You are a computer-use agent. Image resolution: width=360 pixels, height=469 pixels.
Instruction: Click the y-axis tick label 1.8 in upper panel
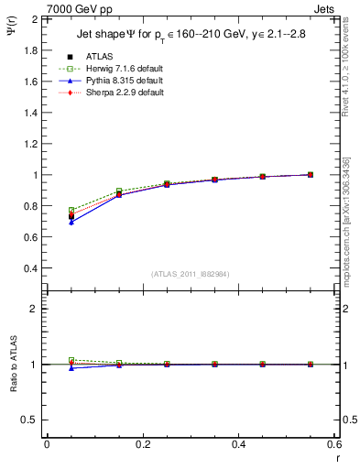click(30, 49)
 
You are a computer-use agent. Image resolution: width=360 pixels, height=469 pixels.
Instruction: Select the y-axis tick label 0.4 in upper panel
click(30, 268)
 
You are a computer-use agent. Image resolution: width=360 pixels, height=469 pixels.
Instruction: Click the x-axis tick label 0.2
click(142, 444)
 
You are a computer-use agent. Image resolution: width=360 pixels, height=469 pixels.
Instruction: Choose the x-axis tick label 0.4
click(238, 444)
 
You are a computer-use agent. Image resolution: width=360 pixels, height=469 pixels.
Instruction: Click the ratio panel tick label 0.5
click(30, 420)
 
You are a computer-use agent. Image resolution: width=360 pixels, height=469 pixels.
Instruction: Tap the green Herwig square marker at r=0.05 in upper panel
click(71, 211)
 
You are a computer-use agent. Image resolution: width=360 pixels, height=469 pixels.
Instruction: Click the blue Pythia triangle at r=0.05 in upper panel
click(71, 223)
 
